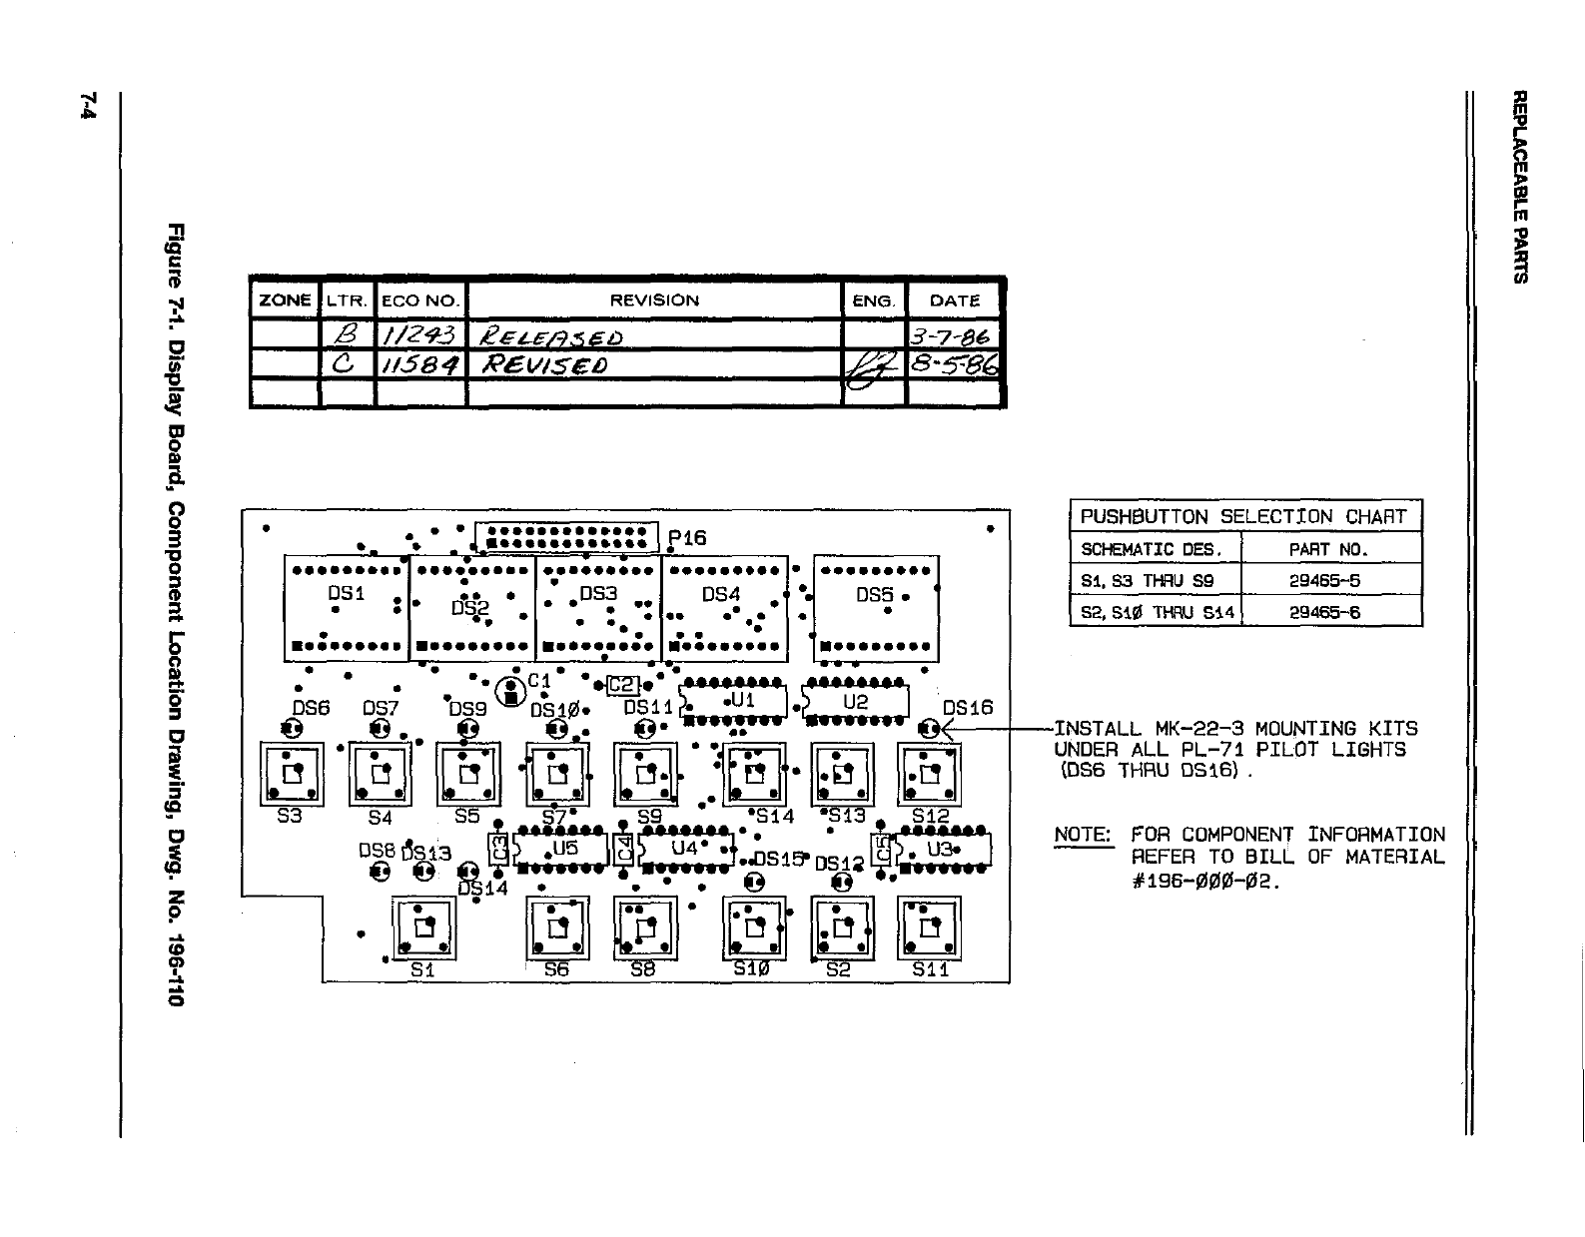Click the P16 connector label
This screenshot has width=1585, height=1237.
(688, 538)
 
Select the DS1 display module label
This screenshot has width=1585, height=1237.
(347, 593)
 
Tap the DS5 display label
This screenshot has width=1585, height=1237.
(874, 594)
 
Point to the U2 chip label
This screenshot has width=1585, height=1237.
(856, 701)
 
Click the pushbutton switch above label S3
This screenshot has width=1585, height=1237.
(291, 774)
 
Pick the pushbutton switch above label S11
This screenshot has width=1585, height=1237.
(930, 928)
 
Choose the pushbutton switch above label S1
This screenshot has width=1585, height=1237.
(423, 928)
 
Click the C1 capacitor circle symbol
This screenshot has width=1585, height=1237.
(511, 691)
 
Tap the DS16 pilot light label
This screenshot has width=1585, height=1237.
(968, 707)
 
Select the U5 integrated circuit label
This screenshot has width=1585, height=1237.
(565, 848)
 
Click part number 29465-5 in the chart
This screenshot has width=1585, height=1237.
(1324, 580)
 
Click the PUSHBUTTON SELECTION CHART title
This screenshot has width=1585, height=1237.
(1243, 516)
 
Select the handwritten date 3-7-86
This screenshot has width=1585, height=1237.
(952, 334)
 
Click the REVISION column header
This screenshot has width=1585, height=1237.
(654, 301)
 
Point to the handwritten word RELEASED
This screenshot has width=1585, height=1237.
(552, 335)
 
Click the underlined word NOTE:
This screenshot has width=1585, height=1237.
(1083, 835)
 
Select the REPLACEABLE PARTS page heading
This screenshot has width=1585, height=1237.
(1519, 186)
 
